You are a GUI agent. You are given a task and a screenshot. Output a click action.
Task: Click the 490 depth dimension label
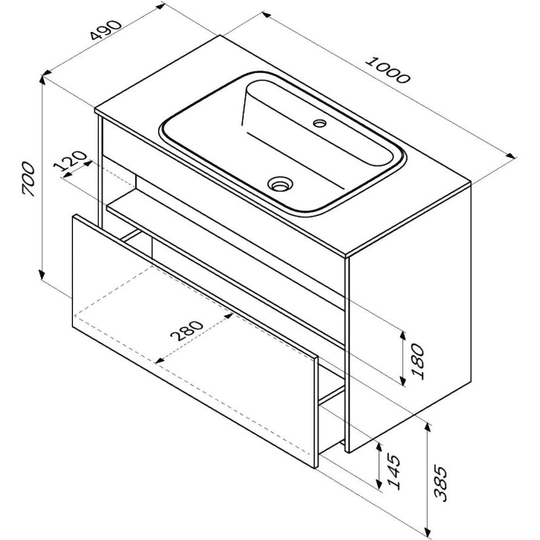106,30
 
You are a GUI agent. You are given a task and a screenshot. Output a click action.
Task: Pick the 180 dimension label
418,361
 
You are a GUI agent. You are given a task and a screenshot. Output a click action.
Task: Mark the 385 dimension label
441,483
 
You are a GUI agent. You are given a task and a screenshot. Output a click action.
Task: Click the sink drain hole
281,183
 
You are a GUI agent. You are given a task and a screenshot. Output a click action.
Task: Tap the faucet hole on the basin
320,122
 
